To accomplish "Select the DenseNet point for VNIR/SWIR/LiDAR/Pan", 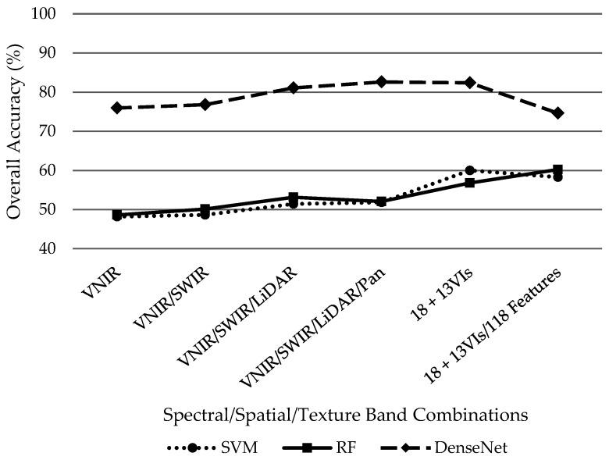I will [382, 81].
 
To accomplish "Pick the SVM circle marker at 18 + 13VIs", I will [470, 170].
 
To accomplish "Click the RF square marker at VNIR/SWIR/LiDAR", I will [294, 198].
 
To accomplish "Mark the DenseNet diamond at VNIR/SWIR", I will [205, 104].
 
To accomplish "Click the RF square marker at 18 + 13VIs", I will [470, 183].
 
